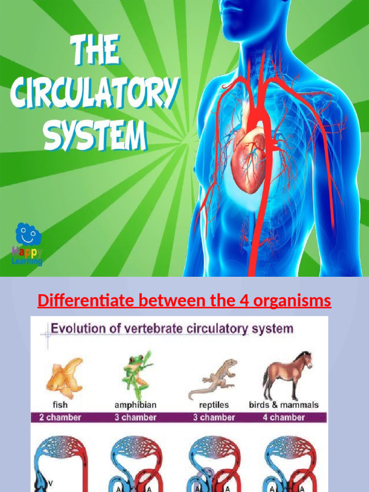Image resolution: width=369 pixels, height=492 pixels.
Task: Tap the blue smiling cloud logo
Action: [x=28, y=234]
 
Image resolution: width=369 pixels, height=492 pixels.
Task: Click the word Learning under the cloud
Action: [x=27, y=261]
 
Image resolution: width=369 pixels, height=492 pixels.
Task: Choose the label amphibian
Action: [x=135, y=405]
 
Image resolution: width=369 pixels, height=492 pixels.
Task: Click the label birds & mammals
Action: [x=283, y=405]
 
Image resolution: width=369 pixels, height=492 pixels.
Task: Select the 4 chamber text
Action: [x=283, y=417]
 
